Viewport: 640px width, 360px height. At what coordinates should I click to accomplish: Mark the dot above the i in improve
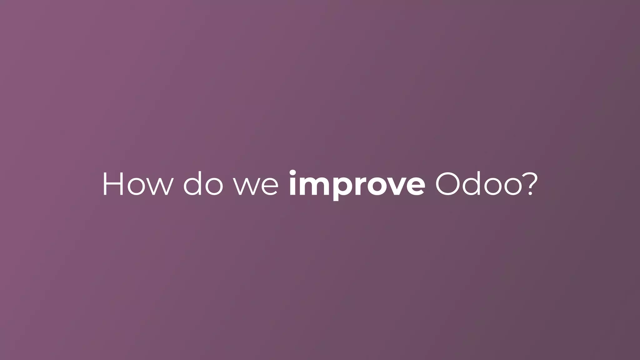293,172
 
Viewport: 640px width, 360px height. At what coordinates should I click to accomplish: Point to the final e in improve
415,187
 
